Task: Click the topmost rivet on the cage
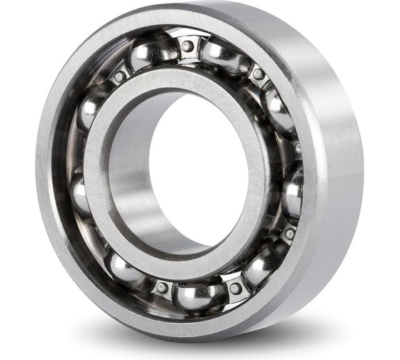[187, 46]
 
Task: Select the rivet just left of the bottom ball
[162, 287]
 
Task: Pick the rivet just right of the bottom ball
[235, 288]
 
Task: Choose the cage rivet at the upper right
[258, 74]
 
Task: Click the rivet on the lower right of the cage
[289, 234]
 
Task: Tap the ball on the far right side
[293, 189]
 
